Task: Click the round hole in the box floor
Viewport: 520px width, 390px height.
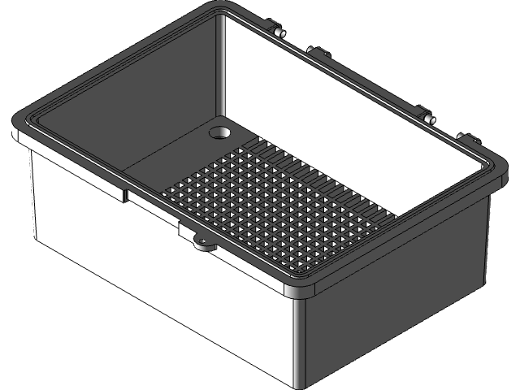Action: click(x=220, y=131)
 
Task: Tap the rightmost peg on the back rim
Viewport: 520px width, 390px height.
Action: click(x=466, y=136)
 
